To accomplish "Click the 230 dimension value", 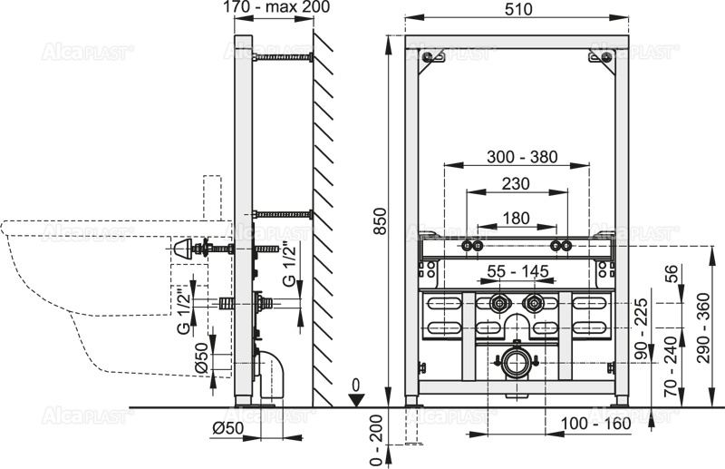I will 517,183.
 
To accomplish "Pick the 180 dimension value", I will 517,218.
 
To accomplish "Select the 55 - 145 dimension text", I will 517,271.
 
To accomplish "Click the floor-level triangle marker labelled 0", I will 359,396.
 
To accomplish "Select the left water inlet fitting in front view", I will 498,303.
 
